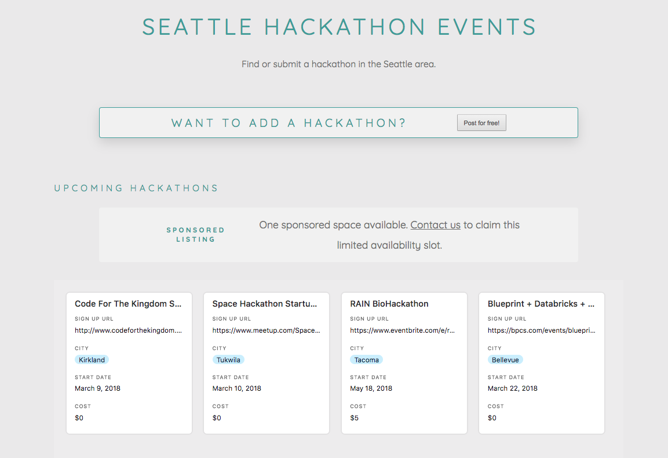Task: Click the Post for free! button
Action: point(481,123)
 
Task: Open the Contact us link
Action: point(435,225)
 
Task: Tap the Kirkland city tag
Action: point(92,360)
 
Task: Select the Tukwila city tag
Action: point(228,360)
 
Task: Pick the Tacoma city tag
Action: point(366,360)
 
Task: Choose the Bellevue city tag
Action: point(505,360)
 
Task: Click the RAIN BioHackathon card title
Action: point(389,304)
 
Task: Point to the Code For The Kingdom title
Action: point(129,304)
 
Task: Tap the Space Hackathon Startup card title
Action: point(265,304)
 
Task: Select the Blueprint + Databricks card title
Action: point(541,304)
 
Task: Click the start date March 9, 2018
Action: point(97,388)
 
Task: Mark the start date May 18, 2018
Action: point(371,388)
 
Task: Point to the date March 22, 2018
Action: point(512,388)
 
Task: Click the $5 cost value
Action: point(355,418)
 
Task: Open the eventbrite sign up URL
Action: point(403,330)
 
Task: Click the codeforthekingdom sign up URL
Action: point(129,330)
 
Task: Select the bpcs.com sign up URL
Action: point(541,330)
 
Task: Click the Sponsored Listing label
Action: point(195,234)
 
